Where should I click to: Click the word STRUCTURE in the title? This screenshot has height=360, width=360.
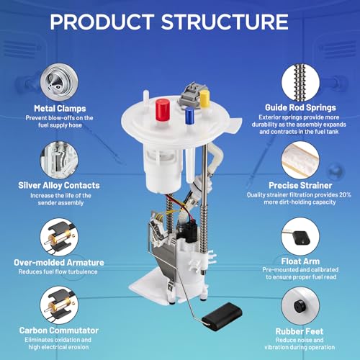[x=225, y=22]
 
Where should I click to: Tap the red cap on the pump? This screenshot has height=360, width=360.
[x=163, y=109]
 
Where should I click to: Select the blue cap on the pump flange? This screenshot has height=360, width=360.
[x=189, y=116]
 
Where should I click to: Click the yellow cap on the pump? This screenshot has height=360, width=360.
[x=204, y=99]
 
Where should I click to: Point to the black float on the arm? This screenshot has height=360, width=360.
[x=222, y=317]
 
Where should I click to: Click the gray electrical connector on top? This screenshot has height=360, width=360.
[x=189, y=95]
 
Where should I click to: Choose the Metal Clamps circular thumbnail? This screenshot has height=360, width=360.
[x=59, y=82]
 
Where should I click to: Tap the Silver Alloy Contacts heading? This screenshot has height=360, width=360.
[x=59, y=185]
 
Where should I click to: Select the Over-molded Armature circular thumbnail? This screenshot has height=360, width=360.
[x=59, y=237]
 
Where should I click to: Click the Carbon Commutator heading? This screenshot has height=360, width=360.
[x=59, y=330]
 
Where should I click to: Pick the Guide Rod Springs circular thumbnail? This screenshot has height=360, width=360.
[x=300, y=82]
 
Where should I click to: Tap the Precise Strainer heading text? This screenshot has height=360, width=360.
[x=300, y=185]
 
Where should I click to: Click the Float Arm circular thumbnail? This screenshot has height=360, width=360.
[x=300, y=237]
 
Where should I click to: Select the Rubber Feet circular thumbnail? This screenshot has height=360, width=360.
[x=300, y=306]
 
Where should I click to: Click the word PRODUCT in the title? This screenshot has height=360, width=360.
[x=102, y=22]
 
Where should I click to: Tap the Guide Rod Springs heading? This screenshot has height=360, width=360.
[x=300, y=108]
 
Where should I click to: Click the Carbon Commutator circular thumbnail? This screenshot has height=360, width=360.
[x=59, y=305]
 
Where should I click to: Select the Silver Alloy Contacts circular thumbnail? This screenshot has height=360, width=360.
[x=59, y=160]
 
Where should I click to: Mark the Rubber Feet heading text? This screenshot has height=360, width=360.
[x=300, y=331]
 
